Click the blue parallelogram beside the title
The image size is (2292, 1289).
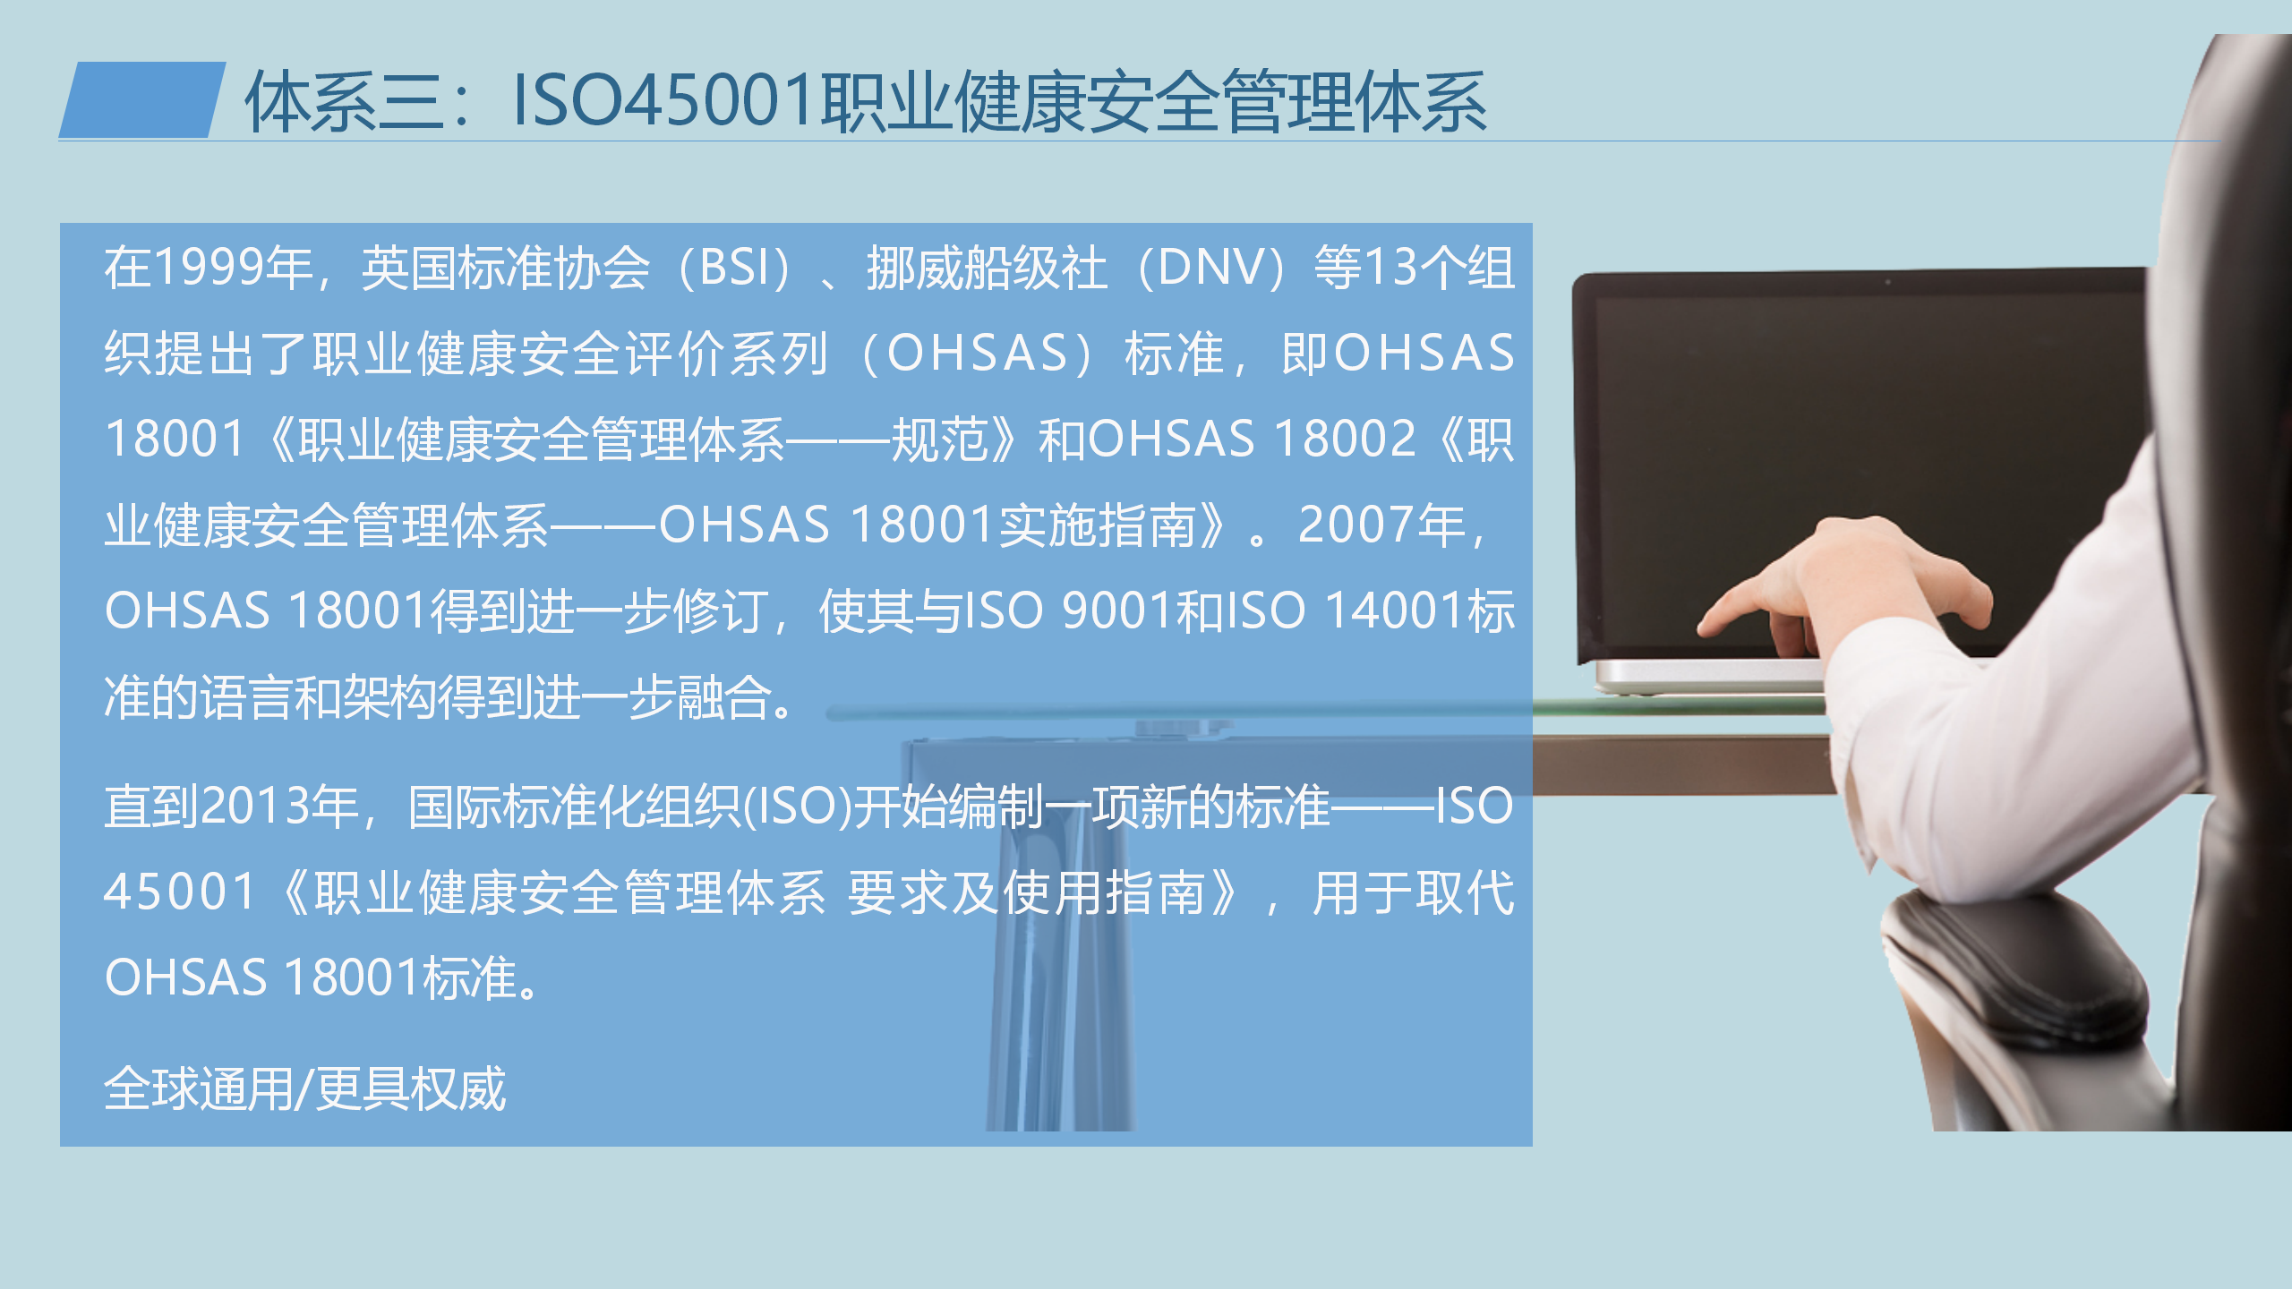click(x=142, y=99)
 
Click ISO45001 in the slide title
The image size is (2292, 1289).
click(x=663, y=100)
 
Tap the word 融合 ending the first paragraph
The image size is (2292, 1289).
click(x=724, y=697)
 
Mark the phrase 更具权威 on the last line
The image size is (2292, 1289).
click(x=411, y=1089)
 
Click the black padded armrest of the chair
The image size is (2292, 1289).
click(x=2014, y=967)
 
